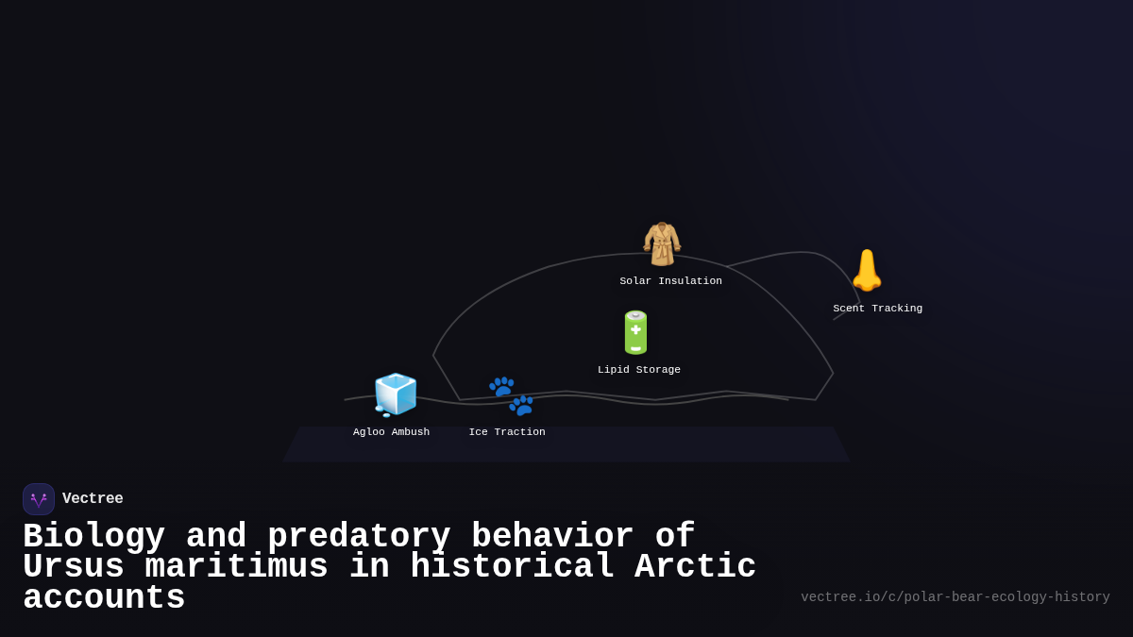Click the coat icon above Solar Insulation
pyautogui.click(x=661, y=243)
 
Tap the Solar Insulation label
pyautogui.click(x=670, y=281)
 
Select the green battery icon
pyautogui.click(x=635, y=332)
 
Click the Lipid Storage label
pyautogui.click(x=638, y=370)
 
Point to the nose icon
pyautogui.click(x=866, y=271)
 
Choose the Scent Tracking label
pyautogui.click(x=877, y=309)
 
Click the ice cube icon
pyautogui.click(x=395, y=394)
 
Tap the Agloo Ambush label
pyautogui.click(x=391, y=432)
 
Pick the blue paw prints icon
pyautogui.click(x=511, y=395)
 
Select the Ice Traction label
pyautogui.click(x=507, y=432)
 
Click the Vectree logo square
pyautogui.click(x=39, y=499)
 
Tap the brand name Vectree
pyautogui.click(x=93, y=499)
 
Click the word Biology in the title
pyautogui.click(x=93, y=536)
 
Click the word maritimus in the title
pyautogui.click(x=236, y=567)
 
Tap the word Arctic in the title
pyautogui.click(x=695, y=567)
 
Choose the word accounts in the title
pyautogui.click(x=104, y=598)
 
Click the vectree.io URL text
pyautogui.click(x=955, y=597)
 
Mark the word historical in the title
pyautogui.click(x=512, y=567)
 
